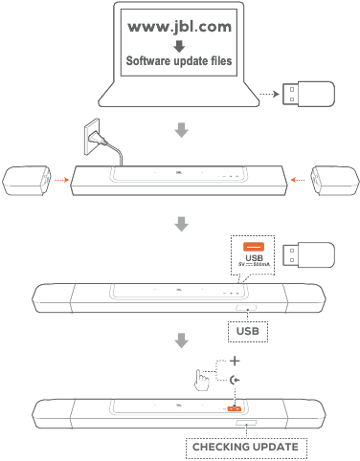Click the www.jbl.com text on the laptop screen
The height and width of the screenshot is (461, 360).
point(180,26)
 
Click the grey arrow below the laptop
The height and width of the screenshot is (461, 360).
point(180,129)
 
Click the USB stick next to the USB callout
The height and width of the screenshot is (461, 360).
point(307,257)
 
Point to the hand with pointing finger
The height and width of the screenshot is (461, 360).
point(203,379)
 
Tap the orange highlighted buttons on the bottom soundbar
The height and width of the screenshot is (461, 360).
point(234,409)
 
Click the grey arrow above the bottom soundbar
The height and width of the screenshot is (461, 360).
point(180,340)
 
